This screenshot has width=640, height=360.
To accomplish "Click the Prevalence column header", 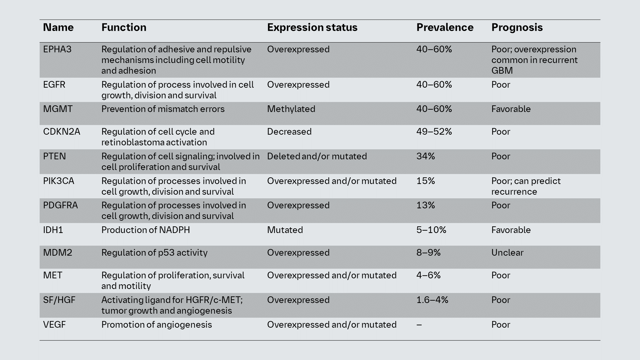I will (x=445, y=27).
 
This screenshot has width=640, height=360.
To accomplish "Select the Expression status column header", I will (x=312, y=27).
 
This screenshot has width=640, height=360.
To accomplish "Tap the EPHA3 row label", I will (x=57, y=49).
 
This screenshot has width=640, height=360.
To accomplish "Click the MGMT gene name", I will (x=58, y=109).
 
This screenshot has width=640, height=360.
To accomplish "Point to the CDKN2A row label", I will (x=62, y=132).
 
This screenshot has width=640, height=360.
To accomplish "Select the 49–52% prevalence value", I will (x=434, y=132).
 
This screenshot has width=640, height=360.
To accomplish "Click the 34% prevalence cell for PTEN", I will (x=426, y=156).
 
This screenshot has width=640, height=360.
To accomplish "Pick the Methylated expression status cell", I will (x=291, y=109).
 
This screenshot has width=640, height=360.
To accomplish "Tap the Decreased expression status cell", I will (x=289, y=132).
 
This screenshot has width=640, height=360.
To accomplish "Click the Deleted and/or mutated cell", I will (x=317, y=156).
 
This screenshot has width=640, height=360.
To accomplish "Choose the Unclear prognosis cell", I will (x=507, y=253).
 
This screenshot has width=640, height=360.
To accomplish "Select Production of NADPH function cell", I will (x=146, y=230).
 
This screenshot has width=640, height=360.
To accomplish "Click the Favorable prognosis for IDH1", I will (x=511, y=230).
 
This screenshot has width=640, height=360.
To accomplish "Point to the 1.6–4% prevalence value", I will (x=432, y=300).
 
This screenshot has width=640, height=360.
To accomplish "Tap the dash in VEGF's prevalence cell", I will (x=419, y=325).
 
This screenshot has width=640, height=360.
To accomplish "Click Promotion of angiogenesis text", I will (x=156, y=325).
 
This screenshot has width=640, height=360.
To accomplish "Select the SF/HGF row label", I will (x=59, y=300).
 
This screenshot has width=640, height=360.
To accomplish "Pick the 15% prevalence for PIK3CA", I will (x=426, y=181).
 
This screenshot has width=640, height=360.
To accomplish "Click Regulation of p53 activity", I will (x=154, y=253).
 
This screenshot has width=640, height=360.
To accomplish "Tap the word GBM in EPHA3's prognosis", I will (x=502, y=71).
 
